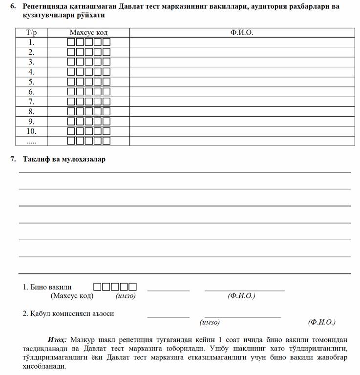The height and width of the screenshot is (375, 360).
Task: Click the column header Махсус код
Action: click(88, 33)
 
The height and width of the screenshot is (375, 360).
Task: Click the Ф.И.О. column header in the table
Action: click(242, 33)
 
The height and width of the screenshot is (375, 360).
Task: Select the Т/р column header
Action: click(31, 33)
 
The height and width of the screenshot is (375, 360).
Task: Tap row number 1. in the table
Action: click(31, 42)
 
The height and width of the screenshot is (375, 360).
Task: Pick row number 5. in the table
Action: click(31, 82)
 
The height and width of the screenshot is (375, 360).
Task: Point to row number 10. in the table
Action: click(31, 131)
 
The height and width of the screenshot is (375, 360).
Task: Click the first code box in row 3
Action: click(71, 62)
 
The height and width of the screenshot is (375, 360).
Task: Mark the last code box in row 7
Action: click(106, 102)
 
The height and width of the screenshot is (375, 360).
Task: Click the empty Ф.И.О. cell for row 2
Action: click(242, 52)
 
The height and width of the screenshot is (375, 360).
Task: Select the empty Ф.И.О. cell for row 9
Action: click(242, 122)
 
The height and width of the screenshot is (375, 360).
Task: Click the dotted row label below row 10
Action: click(31, 141)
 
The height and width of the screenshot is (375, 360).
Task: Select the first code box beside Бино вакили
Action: click(97, 287)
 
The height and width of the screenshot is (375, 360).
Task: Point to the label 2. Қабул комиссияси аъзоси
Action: click(68, 313)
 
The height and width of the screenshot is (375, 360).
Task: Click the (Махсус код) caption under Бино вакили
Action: click(72, 296)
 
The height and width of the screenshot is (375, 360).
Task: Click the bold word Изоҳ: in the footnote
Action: click(57, 339)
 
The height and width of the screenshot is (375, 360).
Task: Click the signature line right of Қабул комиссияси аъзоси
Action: click(168, 316)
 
